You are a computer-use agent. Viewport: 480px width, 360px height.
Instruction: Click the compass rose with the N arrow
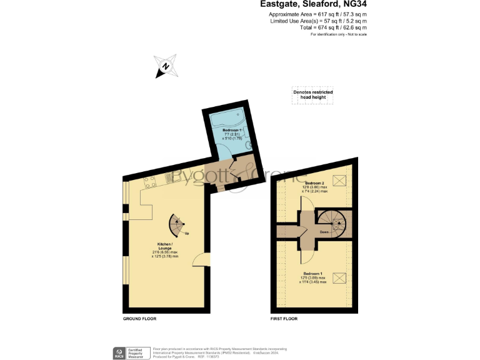(164, 66)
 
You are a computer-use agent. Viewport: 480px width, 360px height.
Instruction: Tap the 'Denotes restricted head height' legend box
(313, 94)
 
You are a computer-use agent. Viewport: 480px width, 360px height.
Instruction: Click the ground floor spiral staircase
(177, 225)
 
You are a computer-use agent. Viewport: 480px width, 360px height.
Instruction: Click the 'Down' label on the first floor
(324, 232)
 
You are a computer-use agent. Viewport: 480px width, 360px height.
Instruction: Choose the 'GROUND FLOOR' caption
(139, 319)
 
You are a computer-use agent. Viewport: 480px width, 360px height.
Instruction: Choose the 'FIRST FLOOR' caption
(284, 319)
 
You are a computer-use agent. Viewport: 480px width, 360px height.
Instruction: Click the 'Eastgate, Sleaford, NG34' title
(313, 4)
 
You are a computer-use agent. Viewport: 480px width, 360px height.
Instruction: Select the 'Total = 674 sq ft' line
(326, 27)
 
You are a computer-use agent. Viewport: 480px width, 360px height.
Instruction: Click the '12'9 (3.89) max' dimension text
(314, 278)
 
